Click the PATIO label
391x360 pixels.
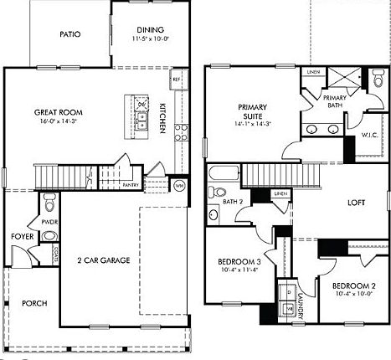coord(69,35)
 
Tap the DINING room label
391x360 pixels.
coord(151,28)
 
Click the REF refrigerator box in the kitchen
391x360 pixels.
coord(177,80)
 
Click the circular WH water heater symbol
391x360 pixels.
coord(179,183)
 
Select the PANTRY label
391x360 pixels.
coord(130,184)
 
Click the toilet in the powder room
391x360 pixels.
coord(49,203)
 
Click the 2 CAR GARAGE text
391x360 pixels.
coord(98,261)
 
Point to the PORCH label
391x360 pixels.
coord(34,303)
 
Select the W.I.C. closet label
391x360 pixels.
coord(371,135)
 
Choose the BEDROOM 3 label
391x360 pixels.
coord(234,262)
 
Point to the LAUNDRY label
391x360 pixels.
coord(301,297)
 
